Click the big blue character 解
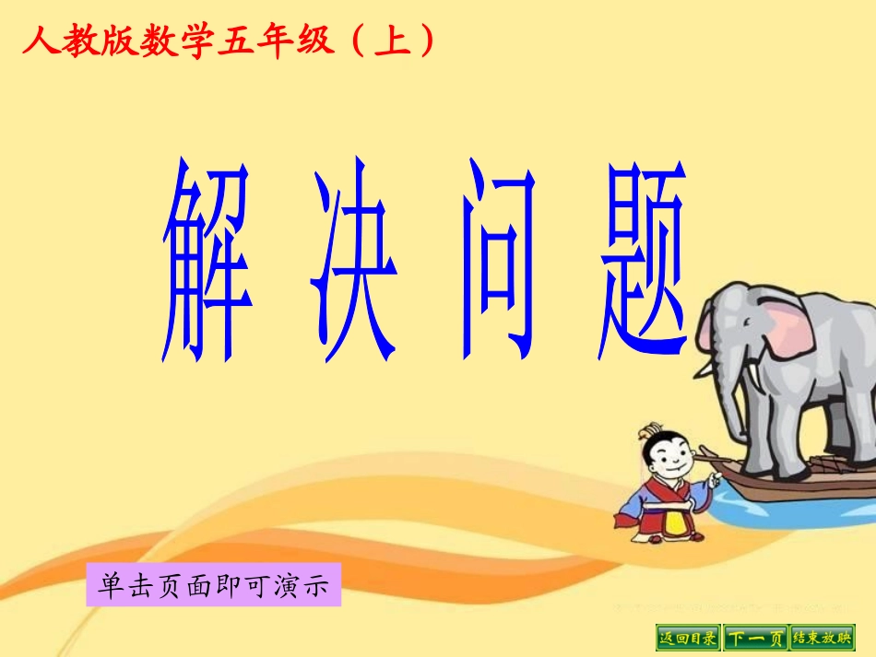pyautogui.click(x=208, y=262)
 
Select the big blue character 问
pyautogui.click(x=499, y=262)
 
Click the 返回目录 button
pyautogui.click(x=688, y=638)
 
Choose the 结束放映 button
pyautogui.click(x=823, y=638)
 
